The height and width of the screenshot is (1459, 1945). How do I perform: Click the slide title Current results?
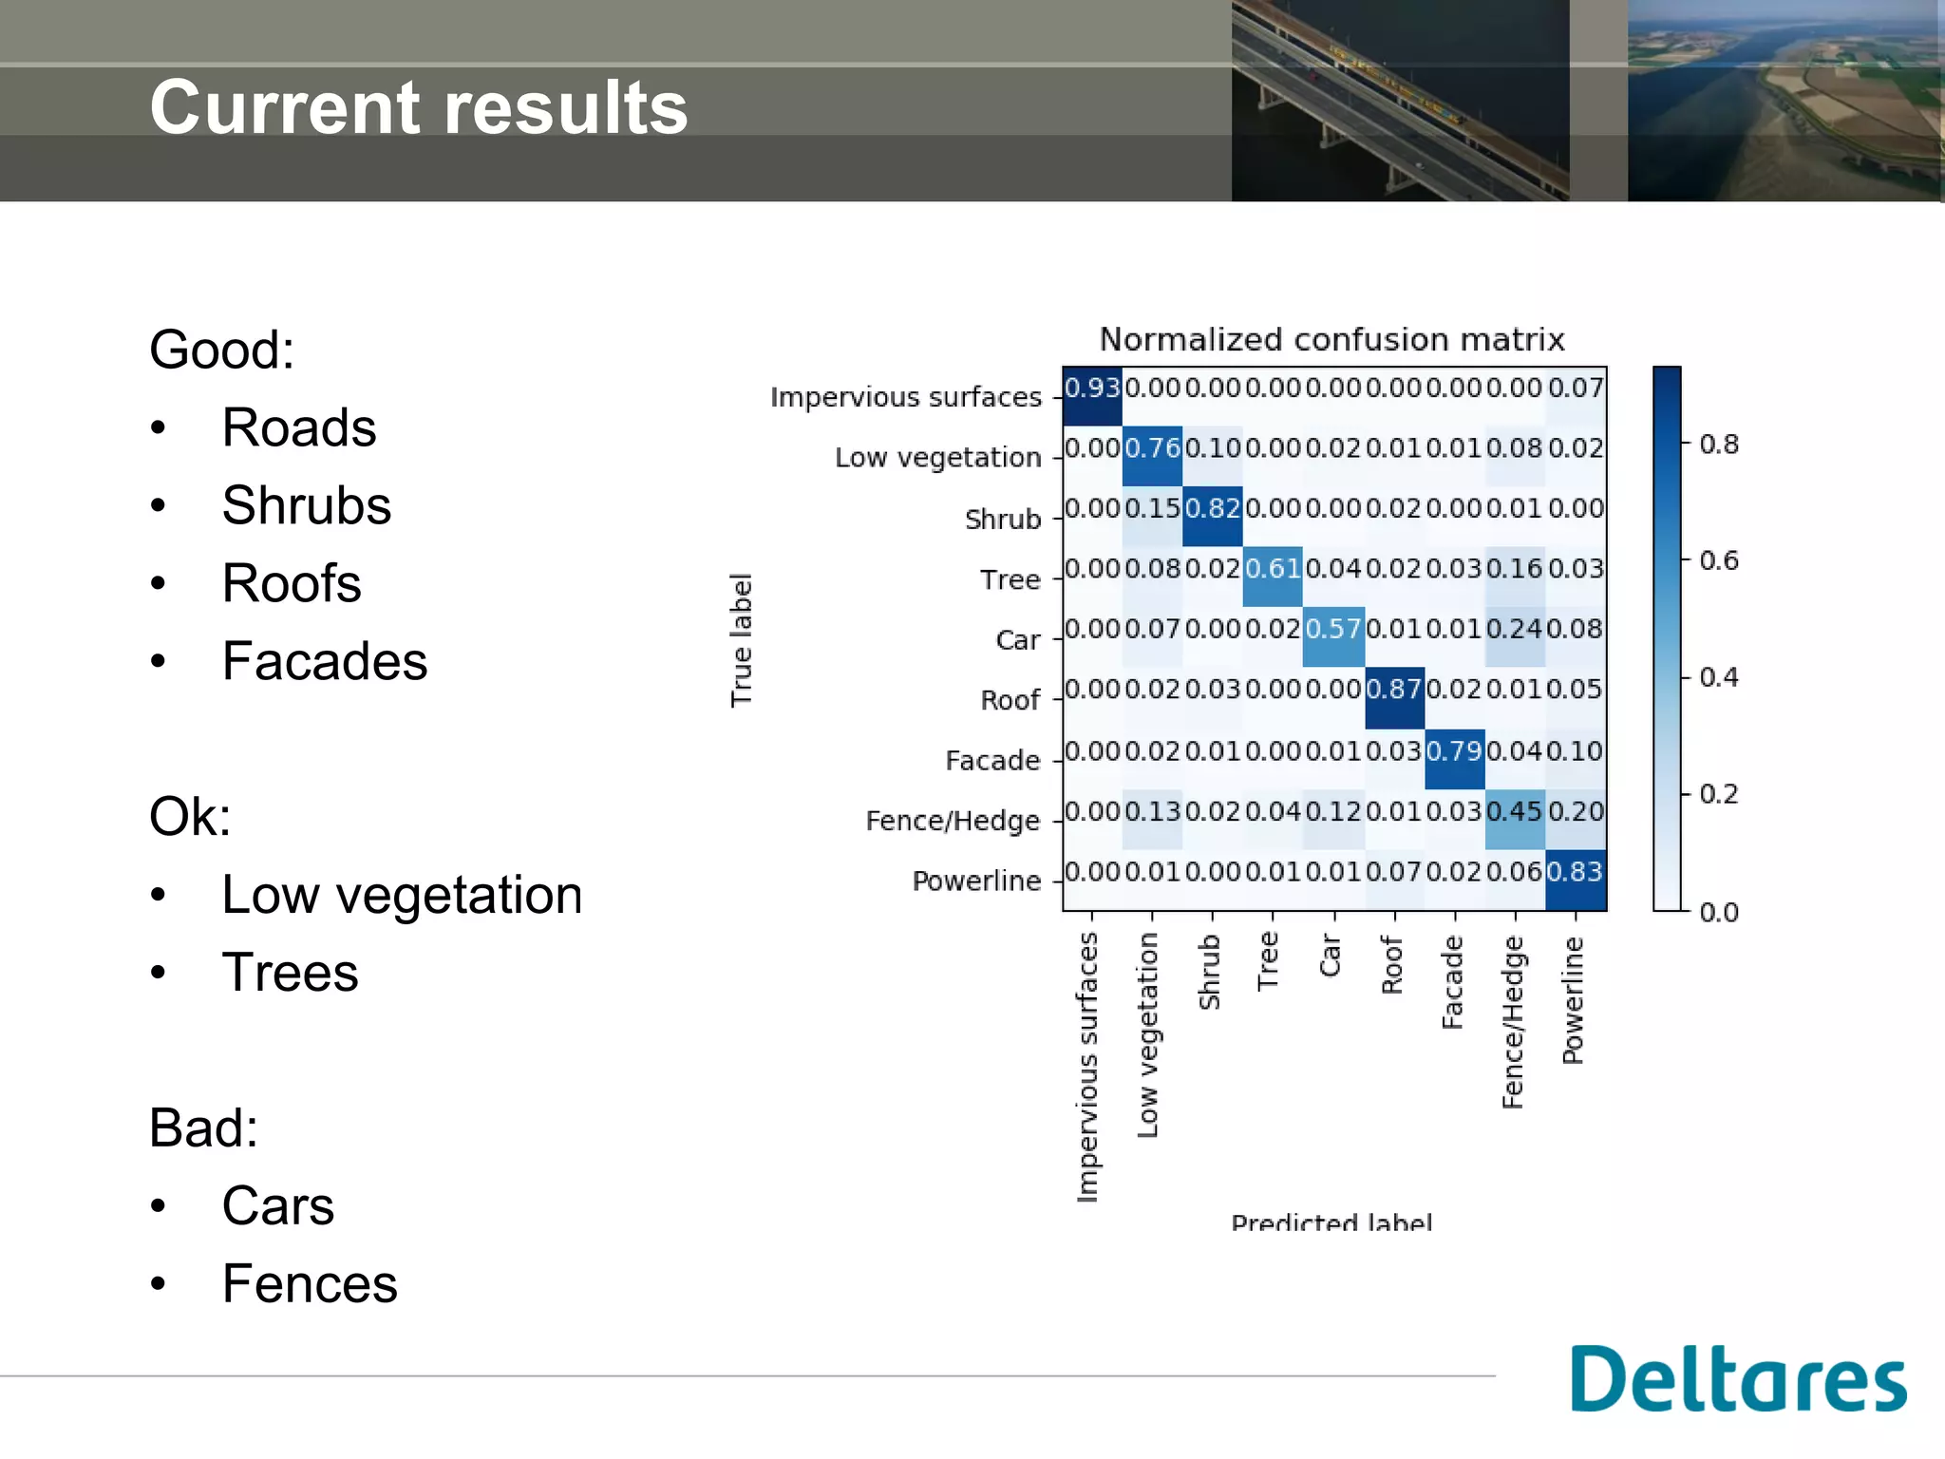(x=418, y=107)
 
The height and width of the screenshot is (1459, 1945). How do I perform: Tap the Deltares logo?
(x=1737, y=1379)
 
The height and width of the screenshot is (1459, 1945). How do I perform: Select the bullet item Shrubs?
(x=306, y=505)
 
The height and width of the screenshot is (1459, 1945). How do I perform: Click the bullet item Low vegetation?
(x=401, y=895)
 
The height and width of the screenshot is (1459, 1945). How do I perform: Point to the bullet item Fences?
(x=309, y=1284)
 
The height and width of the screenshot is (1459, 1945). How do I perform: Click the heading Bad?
(x=203, y=1128)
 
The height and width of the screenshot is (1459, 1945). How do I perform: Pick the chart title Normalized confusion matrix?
(x=1331, y=339)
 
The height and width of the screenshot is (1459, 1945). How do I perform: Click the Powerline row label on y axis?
(x=975, y=881)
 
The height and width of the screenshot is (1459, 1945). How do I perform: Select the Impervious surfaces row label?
(x=905, y=396)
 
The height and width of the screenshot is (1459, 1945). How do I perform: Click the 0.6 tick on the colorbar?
(x=1719, y=560)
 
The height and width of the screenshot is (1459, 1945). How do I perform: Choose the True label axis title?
(x=741, y=639)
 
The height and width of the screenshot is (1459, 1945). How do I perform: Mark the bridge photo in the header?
(x=1400, y=100)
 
